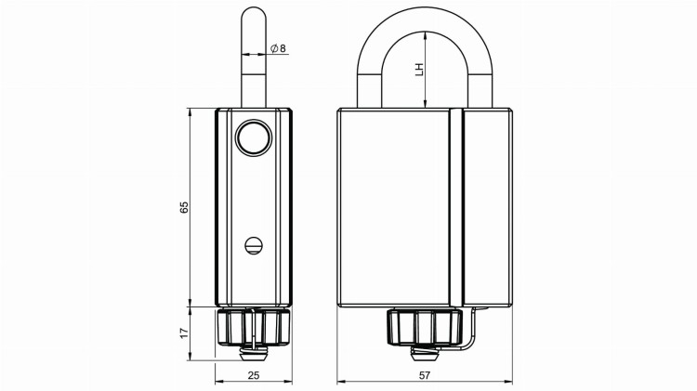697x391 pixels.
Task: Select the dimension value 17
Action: (184, 330)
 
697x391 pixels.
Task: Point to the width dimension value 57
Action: (424, 374)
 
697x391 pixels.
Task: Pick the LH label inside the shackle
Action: (419, 70)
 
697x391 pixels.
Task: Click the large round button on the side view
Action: (252, 137)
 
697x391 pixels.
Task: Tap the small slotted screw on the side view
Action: (253, 244)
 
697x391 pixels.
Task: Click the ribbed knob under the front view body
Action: (423, 327)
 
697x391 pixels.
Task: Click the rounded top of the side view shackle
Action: (253, 17)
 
